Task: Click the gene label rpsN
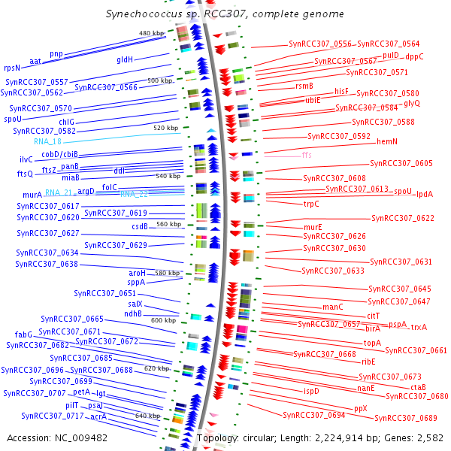(12, 68)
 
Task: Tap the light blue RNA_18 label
(47, 141)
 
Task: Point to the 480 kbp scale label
(151, 34)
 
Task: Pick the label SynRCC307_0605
(401, 163)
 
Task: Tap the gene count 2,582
(430, 437)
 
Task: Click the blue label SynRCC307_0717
(52, 416)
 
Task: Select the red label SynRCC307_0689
(406, 418)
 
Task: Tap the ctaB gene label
(418, 387)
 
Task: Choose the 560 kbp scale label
(168, 225)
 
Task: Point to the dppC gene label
(414, 56)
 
